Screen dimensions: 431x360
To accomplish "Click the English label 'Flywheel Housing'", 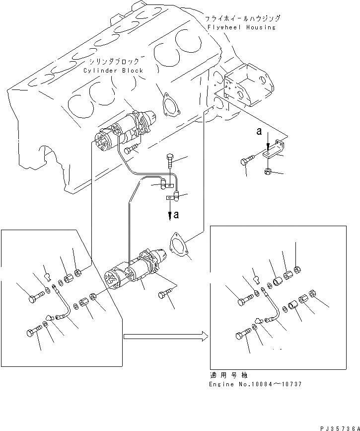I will [243, 27].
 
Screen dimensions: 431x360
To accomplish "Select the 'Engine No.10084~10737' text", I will [256, 384].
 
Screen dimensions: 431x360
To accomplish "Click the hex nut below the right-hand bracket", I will [267, 172].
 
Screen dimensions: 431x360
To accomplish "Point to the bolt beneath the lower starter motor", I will [165, 295].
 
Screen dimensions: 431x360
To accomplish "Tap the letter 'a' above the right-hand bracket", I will [259, 132].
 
